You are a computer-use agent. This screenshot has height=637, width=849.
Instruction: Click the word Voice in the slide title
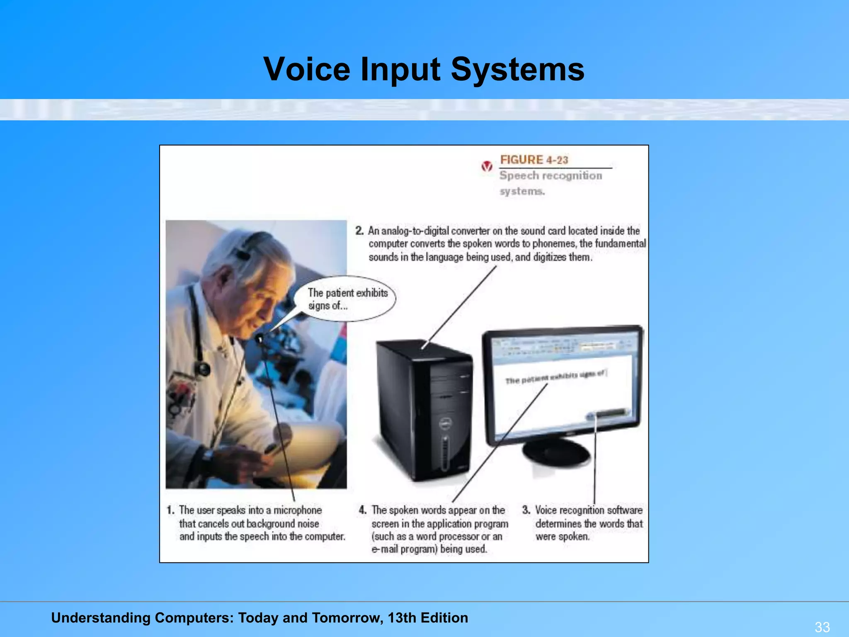[306, 69]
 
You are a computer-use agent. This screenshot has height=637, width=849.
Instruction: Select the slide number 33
[822, 627]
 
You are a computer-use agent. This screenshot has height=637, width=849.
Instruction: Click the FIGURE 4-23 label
[534, 160]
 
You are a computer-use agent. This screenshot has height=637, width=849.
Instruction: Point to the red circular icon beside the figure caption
[487, 167]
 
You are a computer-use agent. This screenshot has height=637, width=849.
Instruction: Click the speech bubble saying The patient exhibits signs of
[345, 299]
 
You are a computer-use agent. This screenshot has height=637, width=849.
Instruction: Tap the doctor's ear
[226, 276]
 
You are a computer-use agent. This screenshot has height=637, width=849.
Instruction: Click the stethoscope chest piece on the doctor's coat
[203, 368]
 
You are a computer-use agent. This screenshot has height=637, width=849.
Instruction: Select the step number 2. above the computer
[359, 231]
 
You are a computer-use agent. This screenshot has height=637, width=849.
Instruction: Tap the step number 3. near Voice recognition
[526, 510]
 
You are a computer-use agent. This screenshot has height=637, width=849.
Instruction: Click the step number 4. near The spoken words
[363, 510]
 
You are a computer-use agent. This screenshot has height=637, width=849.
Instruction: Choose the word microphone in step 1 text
[297, 510]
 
